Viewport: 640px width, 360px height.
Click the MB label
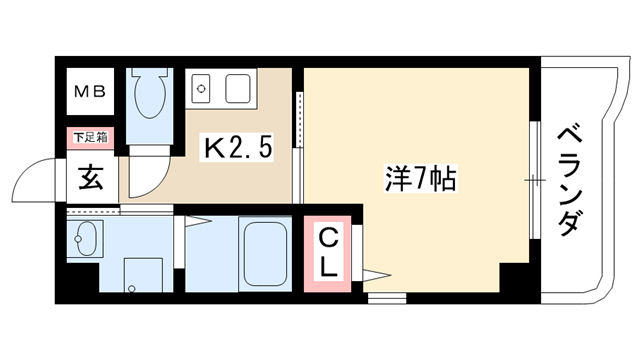[x=90, y=91]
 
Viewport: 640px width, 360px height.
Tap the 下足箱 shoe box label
[x=90, y=138]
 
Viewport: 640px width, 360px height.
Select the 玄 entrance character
[x=90, y=178]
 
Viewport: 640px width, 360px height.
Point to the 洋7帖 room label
[x=420, y=179]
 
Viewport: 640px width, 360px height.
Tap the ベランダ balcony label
[x=569, y=181]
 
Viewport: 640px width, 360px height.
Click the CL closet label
[x=327, y=254]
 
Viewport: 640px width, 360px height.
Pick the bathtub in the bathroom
[x=264, y=253]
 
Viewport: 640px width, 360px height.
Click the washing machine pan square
[x=143, y=275]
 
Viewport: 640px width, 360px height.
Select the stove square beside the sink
[x=238, y=89]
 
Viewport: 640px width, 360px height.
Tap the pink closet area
[x=327, y=254]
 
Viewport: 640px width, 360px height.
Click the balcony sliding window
[x=535, y=180]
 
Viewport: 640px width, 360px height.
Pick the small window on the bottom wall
[x=387, y=298]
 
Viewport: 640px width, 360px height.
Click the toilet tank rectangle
[x=150, y=73]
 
